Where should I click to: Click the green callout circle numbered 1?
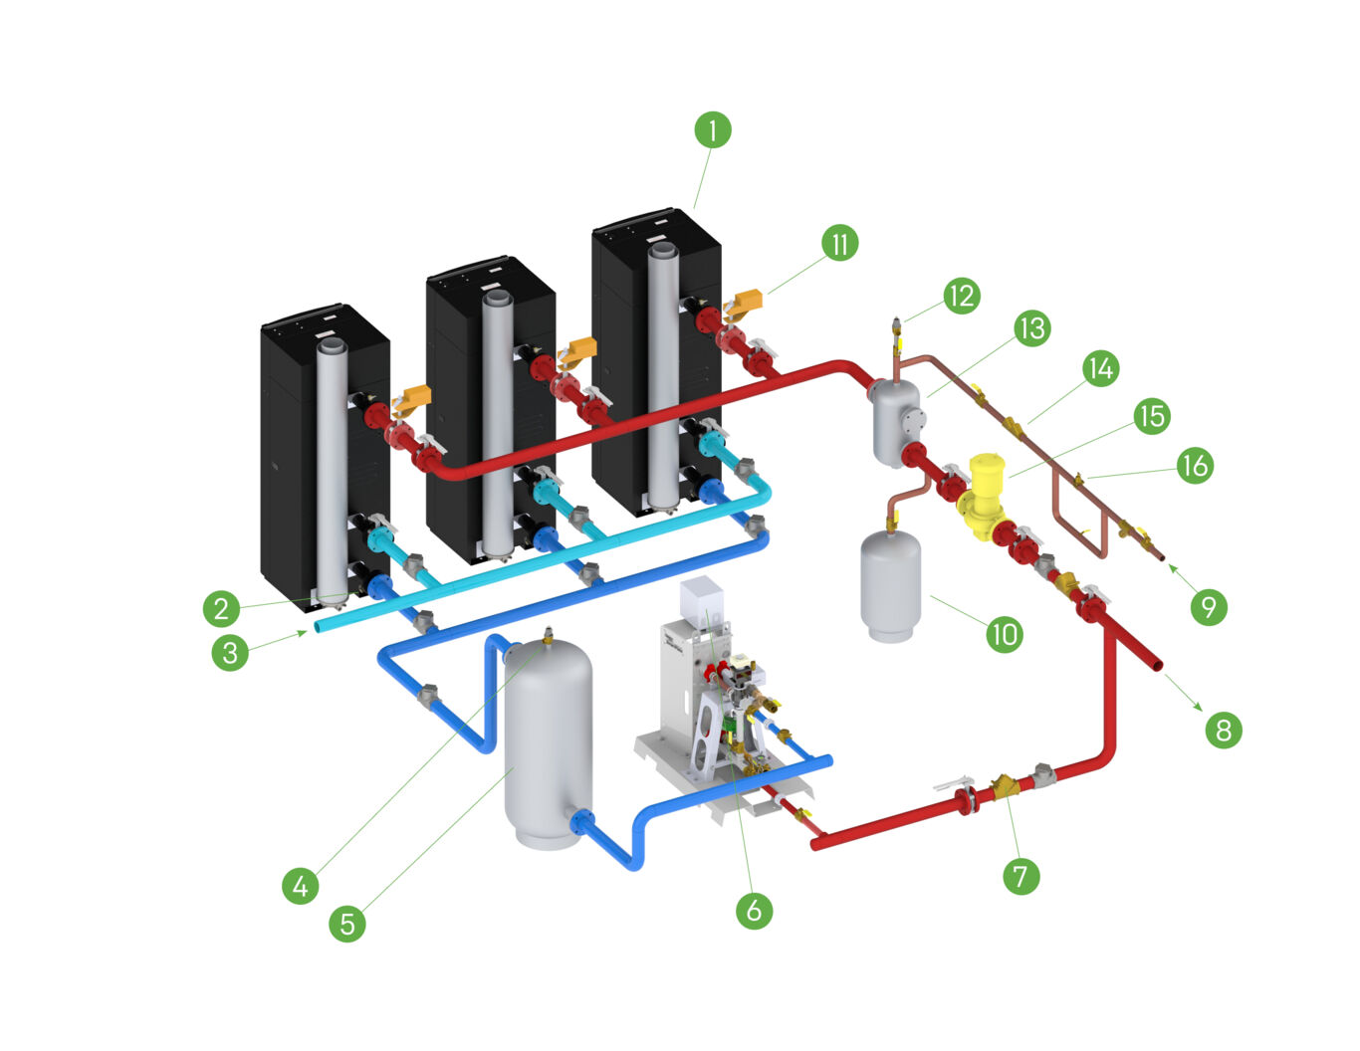[x=713, y=129]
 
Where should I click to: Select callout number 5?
[x=347, y=924]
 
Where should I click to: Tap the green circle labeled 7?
[x=1020, y=876]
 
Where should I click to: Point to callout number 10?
[x=1005, y=634]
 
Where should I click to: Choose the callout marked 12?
[x=962, y=296]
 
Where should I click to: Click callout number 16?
[x=1194, y=465]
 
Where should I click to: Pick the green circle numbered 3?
[x=230, y=653]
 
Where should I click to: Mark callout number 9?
[x=1209, y=606]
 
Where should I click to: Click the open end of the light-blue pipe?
[x=320, y=626]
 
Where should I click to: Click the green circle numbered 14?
[x=1100, y=368]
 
